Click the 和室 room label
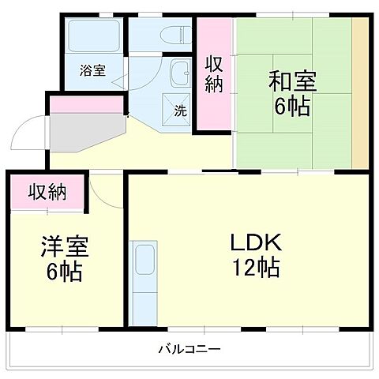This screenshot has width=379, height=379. click(292, 81)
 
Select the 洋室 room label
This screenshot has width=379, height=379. click(65, 246)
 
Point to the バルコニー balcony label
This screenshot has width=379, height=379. click(189, 348)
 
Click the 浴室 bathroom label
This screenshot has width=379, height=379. click(92, 70)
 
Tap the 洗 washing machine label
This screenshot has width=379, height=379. click(180, 111)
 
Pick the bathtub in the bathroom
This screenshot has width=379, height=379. click(93, 36)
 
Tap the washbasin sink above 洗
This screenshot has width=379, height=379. click(181, 73)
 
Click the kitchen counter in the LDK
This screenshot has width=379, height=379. click(144, 280)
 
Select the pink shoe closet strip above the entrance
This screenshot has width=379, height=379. click(87, 103)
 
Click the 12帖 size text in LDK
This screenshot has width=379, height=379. click(254, 268)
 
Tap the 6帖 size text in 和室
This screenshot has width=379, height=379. click(293, 106)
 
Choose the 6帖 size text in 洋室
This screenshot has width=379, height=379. click(65, 272)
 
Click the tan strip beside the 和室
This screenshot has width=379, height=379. click(360, 91)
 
